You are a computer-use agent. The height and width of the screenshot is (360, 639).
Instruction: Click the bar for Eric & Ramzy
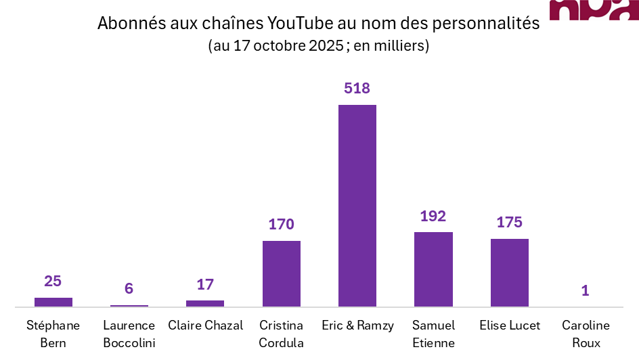pos(357,206)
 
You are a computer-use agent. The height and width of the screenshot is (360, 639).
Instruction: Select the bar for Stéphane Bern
pos(53,302)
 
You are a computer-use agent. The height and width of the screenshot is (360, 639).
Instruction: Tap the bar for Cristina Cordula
pos(282,273)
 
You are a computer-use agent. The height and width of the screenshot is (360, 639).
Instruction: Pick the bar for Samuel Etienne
pos(433,269)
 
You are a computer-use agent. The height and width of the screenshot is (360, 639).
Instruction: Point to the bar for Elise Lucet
pos(510,273)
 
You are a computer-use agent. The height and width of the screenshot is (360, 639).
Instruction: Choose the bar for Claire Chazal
pos(205,303)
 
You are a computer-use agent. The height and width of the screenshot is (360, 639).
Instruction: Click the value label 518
pos(357,89)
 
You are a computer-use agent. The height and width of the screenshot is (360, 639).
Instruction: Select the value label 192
pos(433,216)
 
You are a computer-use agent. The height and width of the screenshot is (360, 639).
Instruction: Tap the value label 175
pos(510,223)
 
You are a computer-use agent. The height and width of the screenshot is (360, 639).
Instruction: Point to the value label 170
pos(282,225)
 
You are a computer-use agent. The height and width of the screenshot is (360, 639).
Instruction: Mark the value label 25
pos(53,281)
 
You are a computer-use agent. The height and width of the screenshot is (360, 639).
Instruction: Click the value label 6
pos(129,289)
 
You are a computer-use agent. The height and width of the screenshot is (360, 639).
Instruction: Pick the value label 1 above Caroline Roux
pos(586,290)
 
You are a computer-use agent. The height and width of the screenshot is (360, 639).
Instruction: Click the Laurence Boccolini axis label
pos(129,334)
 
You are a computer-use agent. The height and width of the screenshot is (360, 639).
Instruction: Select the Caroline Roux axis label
pos(586,334)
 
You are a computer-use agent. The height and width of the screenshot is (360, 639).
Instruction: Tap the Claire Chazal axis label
pos(205,325)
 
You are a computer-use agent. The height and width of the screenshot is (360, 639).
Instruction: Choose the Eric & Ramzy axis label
pos(357,325)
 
